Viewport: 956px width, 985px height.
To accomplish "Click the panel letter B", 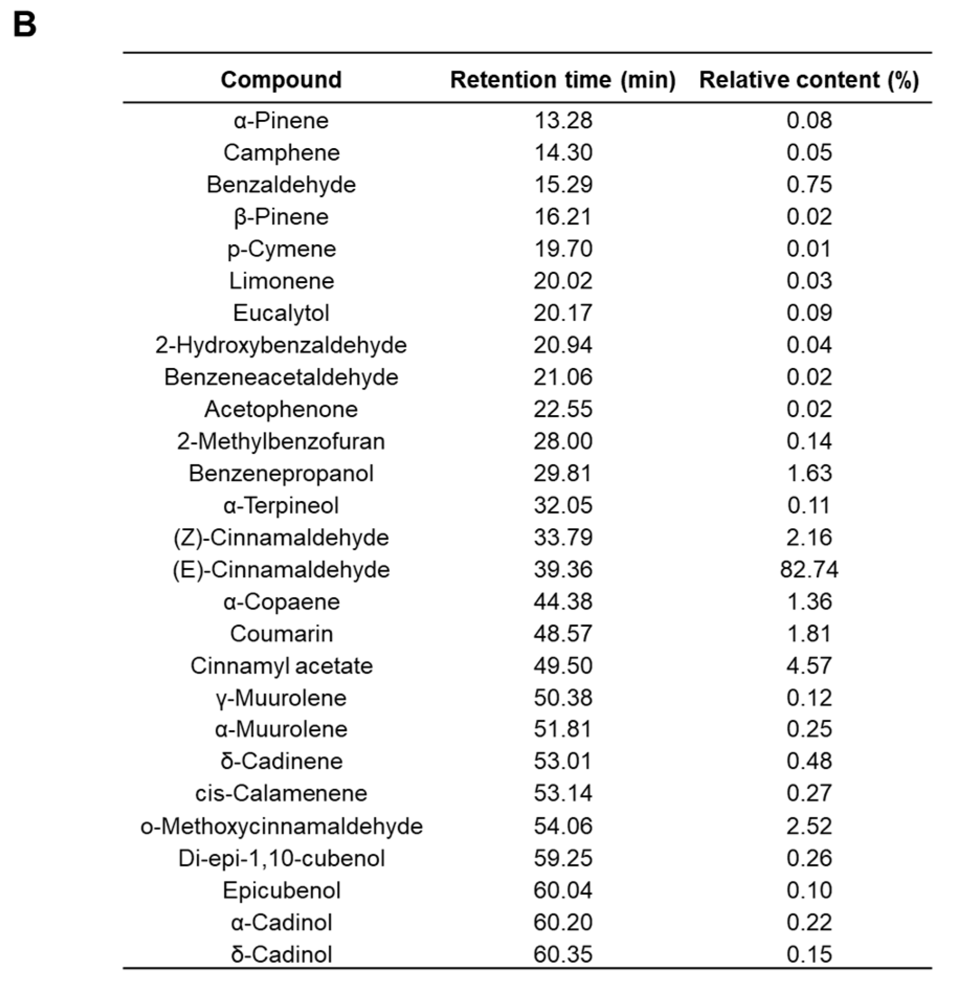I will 25,25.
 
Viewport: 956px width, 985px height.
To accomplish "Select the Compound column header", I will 281,80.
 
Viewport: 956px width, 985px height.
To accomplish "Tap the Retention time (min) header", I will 563,80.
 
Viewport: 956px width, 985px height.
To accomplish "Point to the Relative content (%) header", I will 808,80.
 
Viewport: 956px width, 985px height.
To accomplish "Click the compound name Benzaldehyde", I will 281,185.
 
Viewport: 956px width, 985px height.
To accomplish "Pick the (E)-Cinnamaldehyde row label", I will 281,569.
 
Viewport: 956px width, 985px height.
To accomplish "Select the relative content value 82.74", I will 808,569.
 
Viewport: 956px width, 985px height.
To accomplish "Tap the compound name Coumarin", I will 281,634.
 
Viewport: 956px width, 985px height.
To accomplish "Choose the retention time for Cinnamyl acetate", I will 563,666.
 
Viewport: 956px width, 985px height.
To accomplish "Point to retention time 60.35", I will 563,954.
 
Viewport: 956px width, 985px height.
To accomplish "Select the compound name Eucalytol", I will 281,313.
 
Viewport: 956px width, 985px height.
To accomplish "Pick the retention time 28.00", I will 563,441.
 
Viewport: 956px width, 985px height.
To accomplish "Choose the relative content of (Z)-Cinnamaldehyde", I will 808,538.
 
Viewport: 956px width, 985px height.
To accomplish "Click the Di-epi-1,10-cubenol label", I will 281,858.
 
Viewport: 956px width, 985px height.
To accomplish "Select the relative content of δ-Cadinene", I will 808,761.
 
